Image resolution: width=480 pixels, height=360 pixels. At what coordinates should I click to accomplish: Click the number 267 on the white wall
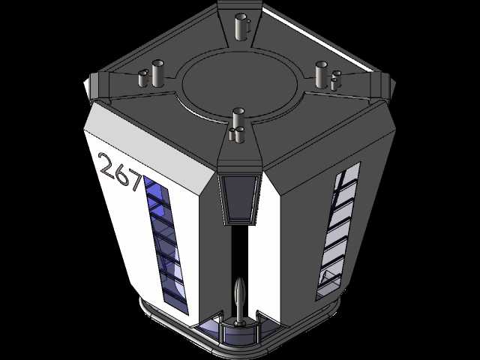tap(121, 172)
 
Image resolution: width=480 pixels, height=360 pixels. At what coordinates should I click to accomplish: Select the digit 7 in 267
tap(135, 181)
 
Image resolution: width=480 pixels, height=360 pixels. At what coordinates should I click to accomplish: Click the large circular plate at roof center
tap(240, 83)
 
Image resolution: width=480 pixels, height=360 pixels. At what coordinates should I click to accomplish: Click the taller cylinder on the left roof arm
tap(157, 73)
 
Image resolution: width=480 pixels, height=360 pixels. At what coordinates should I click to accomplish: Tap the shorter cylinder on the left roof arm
tap(143, 78)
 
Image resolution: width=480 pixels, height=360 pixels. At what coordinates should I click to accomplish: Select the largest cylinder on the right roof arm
tap(322, 75)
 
